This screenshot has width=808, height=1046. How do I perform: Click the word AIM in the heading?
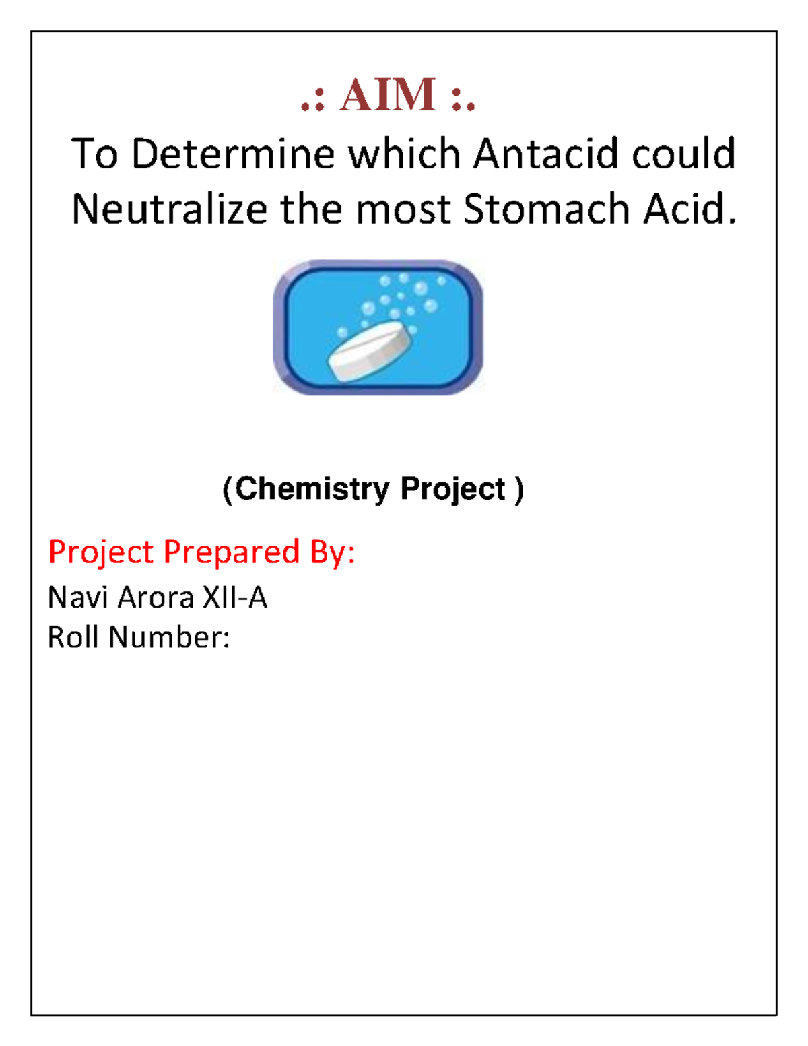(388, 95)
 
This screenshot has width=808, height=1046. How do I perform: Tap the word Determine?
(232, 154)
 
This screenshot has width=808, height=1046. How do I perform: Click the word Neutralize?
(168, 209)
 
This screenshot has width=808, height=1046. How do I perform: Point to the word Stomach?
(546, 209)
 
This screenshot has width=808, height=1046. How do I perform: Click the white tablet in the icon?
(368, 350)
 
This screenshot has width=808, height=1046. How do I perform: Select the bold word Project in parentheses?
(452, 489)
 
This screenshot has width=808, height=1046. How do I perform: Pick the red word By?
(332, 552)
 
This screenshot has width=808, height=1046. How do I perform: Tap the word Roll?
(73, 637)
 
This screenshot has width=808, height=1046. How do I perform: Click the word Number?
(169, 637)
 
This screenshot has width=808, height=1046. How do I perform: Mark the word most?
(404, 209)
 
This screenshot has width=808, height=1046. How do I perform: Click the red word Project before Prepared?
(101, 552)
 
